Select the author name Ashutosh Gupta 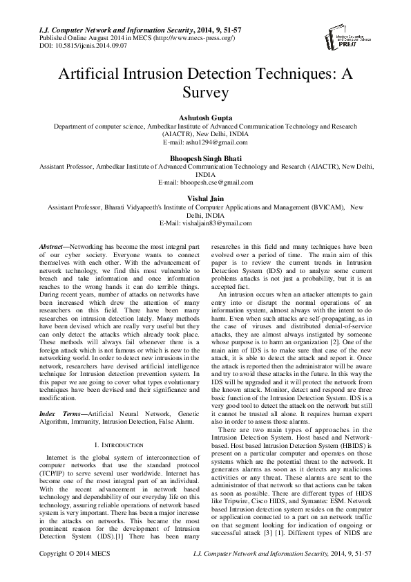click(205, 118)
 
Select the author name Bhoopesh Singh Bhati click(205, 158)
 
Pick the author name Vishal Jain click(205, 199)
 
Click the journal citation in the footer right click(312, 573)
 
